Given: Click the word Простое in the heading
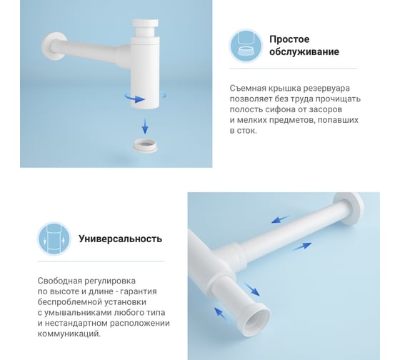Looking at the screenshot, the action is click(x=289, y=39).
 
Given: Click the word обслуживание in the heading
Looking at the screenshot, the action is click(x=304, y=52).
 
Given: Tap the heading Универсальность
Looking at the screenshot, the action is click(x=120, y=239).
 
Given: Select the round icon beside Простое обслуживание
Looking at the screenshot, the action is click(x=246, y=46).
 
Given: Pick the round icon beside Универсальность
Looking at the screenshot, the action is click(x=54, y=239).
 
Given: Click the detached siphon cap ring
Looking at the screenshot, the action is click(x=145, y=145).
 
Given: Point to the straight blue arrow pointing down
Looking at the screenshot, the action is click(x=145, y=126).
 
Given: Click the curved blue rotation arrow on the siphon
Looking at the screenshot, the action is click(x=135, y=99).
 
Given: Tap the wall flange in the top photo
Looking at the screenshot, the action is click(x=52, y=46).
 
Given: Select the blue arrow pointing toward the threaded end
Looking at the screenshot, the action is click(x=252, y=289).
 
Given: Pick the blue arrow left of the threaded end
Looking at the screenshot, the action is click(x=220, y=314).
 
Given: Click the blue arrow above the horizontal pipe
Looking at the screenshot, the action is click(x=280, y=219).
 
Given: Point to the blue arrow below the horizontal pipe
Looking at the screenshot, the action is click(x=301, y=246).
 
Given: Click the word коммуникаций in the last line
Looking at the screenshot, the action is click(x=69, y=334).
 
